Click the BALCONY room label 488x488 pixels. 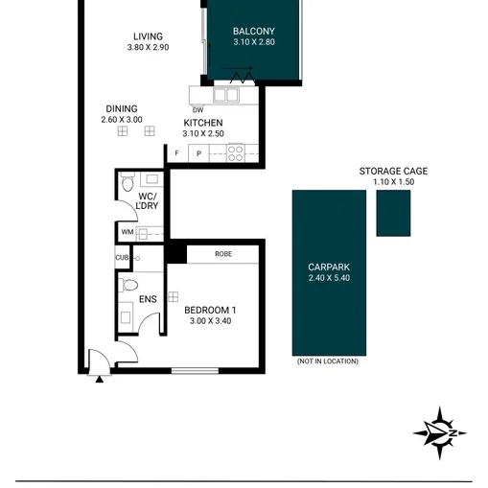click(x=254, y=32)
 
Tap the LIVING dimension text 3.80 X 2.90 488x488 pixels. click(x=148, y=47)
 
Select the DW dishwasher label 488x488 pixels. click(x=198, y=110)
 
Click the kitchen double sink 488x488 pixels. click(x=226, y=95)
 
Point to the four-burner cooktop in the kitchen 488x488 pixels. click(x=236, y=153)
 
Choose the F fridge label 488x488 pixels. click(x=176, y=153)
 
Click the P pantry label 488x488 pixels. click(x=198, y=153)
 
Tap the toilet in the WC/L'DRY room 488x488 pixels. click(x=128, y=182)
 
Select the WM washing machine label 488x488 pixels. click(x=128, y=232)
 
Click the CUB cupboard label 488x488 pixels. click(x=122, y=258)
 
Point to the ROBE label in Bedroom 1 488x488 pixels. click(x=223, y=254)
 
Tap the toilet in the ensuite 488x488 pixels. click(x=128, y=285)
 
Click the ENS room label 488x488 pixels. click(x=148, y=299)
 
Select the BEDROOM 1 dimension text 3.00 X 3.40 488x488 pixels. click(x=210, y=321)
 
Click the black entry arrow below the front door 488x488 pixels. click(x=100, y=380)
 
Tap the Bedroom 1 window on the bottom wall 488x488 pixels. click(x=195, y=371)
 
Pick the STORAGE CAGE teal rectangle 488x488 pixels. click(x=393, y=213)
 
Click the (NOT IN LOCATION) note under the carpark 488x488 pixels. click(x=328, y=361)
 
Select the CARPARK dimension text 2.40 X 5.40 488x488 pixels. click(x=329, y=278)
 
